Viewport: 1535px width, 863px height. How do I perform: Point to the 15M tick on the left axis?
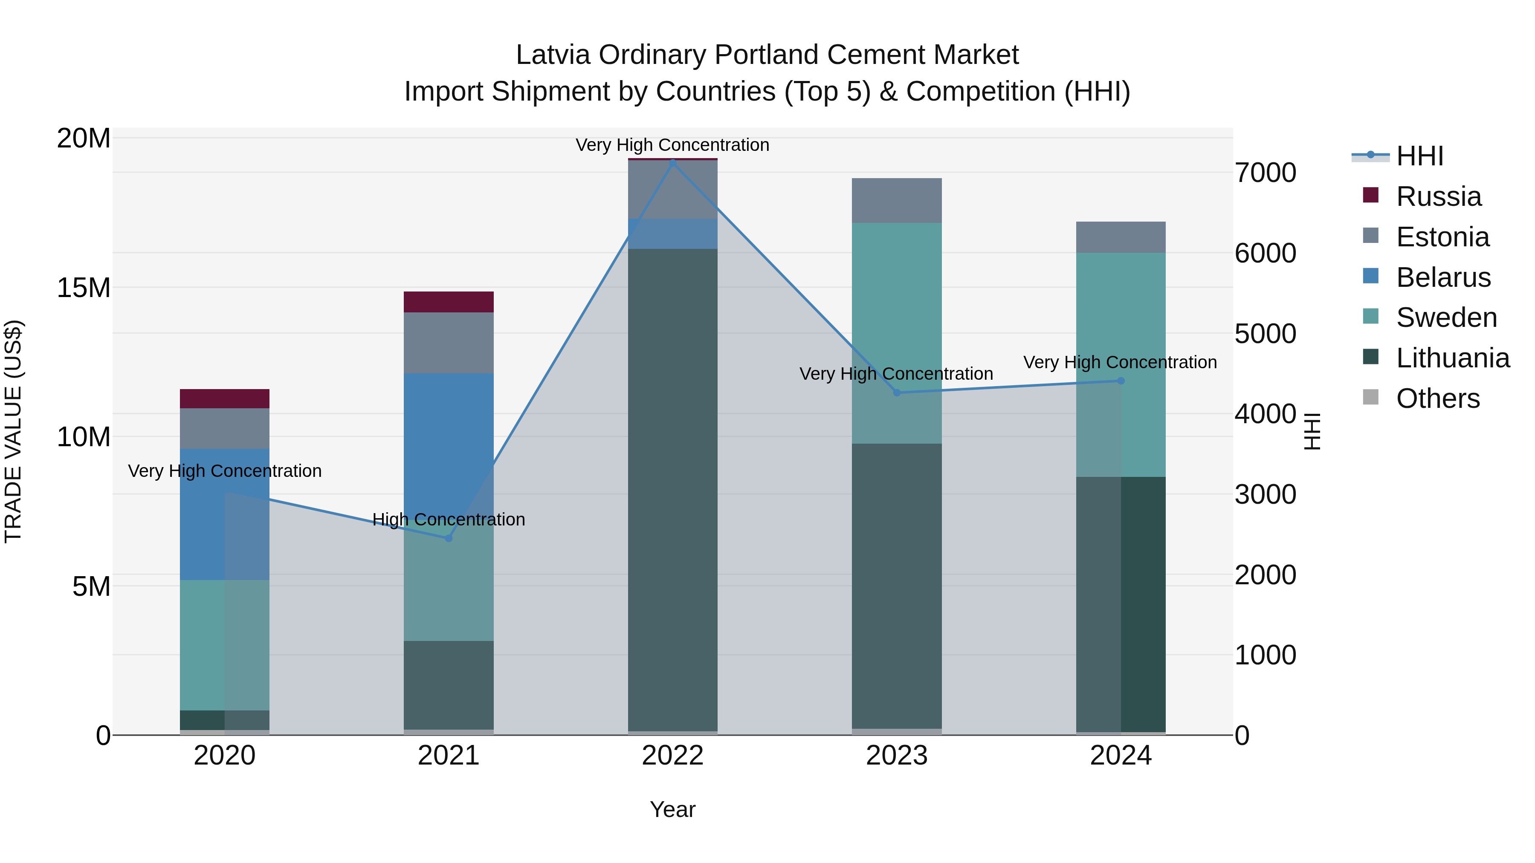[x=84, y=288]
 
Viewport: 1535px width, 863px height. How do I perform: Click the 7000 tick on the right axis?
[x=1265, y=173]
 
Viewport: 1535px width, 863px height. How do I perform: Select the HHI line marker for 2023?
[x=897, y=393]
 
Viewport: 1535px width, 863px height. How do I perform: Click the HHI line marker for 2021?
[x=449, y=538]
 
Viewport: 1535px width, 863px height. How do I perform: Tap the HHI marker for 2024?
[x=1121, y=381]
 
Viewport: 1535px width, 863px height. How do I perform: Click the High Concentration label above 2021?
[x=449, y=520]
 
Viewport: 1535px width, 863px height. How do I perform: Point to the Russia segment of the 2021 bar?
[x=449, y=302]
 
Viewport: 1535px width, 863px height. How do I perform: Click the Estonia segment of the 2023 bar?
[x=897, y=200]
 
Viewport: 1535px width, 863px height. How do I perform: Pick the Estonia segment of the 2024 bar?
[x=1121, y=237]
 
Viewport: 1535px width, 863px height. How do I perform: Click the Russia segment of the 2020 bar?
[x=225, y=398]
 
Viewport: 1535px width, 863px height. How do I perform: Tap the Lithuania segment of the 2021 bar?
[x=449, y=685]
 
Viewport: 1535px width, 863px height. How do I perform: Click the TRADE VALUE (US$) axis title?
[x=13, y=431]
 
